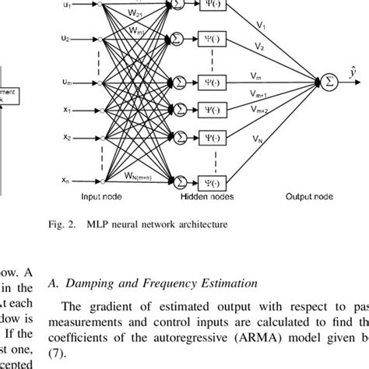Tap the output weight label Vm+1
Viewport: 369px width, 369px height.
pos(261,93)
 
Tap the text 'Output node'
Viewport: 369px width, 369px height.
pos(307,198)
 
